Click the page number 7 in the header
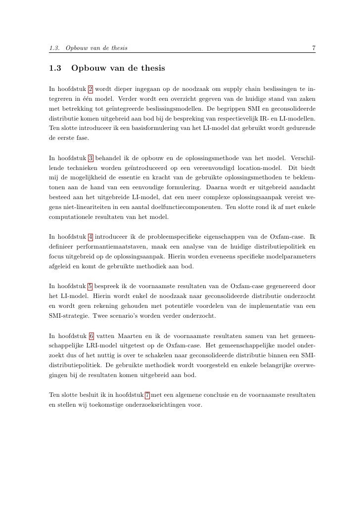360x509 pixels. coord(314,48)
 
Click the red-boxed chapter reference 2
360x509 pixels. coord(90,89)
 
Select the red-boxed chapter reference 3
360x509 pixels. coord(90,158)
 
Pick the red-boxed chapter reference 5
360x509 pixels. coord(90,286)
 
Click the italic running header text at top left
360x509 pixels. coord(88,48)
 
